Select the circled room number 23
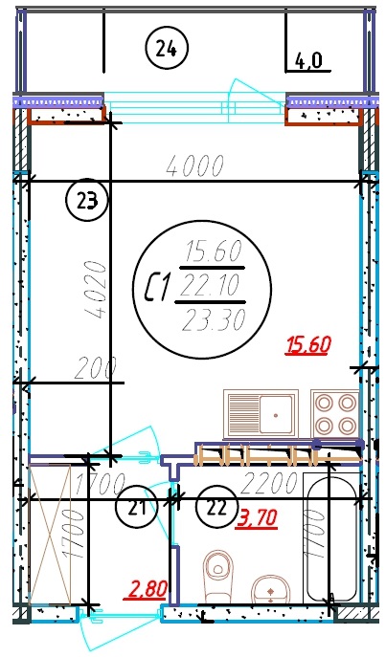tap(87, 201)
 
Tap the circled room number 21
tap(137, 507)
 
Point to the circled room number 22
tap(216, 507)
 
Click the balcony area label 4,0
tap(308, 61)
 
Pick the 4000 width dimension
tap(195, 166)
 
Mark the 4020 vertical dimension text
tap(94, 289)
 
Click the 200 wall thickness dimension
tap(95, 369)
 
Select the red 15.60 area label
tap(308, 345)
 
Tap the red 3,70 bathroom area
tap(258, 517)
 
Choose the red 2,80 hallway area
tap(147, 588)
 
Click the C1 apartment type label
tap(157, 287)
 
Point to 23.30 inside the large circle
tap(214, 321)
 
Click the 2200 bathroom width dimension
tap(268, 482)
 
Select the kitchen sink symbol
tap(261, 414)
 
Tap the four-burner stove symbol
tap(335, 414)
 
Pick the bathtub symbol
tap(331, 537)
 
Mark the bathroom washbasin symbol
tap(271, 589)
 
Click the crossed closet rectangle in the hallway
tap(50, 535)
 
